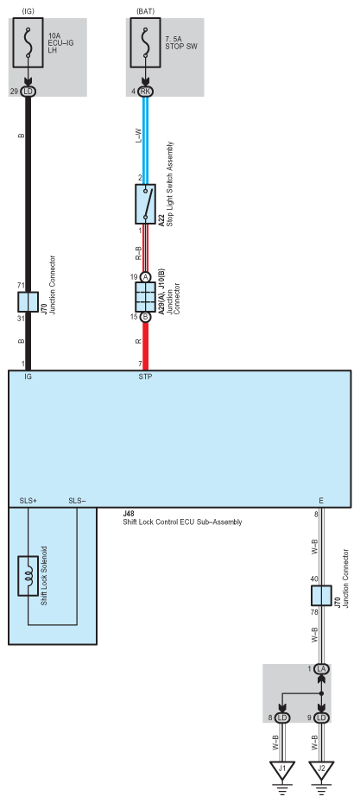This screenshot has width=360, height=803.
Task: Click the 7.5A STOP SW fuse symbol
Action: point(145,41)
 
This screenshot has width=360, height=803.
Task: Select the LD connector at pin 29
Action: point(28,91)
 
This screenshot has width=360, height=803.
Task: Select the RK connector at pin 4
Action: point(145,91)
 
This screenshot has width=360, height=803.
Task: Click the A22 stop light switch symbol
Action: point(145,204)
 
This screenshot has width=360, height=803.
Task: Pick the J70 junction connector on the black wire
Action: point(28,302)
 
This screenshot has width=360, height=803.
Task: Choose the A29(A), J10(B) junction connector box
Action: point(145,296)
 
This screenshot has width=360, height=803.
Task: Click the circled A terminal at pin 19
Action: point(145,276)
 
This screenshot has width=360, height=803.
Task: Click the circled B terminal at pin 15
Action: point(145,317)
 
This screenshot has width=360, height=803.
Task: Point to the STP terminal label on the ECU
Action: point(145,377)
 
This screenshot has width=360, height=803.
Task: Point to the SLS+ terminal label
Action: point(28,501)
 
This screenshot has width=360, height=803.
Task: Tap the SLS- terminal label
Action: point(77,501)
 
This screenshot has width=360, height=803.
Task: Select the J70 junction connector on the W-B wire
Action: point(320,596)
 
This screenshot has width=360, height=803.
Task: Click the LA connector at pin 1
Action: point(321,669)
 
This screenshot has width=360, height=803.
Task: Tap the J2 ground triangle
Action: point(321,768)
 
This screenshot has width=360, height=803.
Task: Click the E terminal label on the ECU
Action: point(321,501)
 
